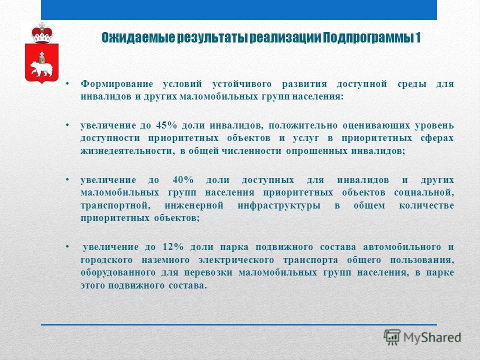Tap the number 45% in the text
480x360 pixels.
point(166,125)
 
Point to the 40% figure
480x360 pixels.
point(183,179)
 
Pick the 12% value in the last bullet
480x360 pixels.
point(173,246)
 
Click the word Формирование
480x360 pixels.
point(116,84)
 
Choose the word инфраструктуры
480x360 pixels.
point(279,205)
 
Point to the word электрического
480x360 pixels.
point(236,260)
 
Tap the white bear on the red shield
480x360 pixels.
point(41,68)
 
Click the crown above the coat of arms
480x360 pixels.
point(42,32)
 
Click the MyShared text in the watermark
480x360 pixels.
point(432,337)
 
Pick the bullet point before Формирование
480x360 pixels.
point(67,83)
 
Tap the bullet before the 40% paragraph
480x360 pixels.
point(67,179)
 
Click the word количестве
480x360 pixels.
point(426,205)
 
